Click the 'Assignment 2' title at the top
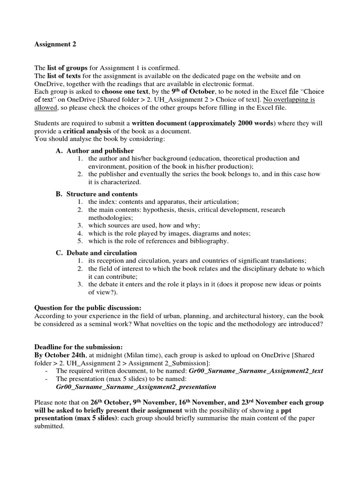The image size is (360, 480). pyautogui.click(x=55, y=45)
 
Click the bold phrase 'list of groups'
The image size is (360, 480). pyautogui.click(x=67, y=68)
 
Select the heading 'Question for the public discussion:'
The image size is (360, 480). pyautogui.click(x=88, y=308)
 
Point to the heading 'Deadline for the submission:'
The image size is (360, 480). pyautogui.click(x=78, y=347)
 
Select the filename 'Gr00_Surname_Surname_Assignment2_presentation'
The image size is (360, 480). pyautogui.click(x=136, y=387)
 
